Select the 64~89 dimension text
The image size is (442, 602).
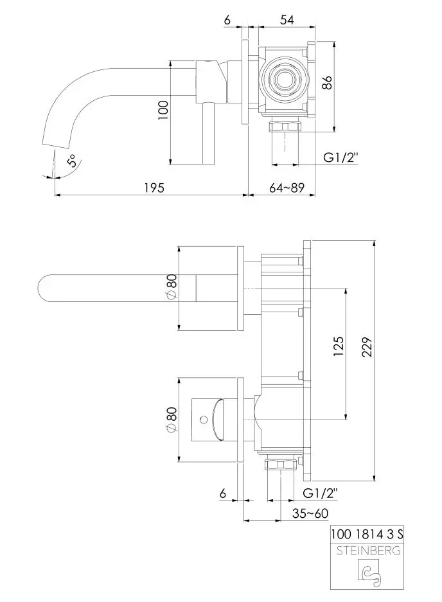287,188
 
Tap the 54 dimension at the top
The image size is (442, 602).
287,21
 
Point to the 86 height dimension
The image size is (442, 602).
326,83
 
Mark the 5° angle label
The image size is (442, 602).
73,161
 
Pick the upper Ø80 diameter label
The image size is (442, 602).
172,286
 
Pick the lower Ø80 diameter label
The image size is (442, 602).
172,419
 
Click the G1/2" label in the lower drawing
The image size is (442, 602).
319,493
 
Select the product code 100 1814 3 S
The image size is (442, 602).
367,534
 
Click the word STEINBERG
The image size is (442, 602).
367,550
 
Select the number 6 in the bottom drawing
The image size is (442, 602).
222,493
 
